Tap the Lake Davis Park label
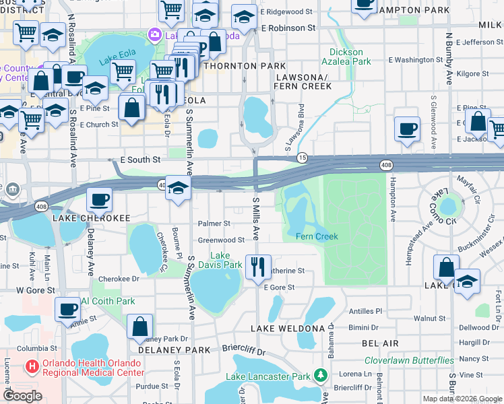pos(226,260)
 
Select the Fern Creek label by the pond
pos(317,236)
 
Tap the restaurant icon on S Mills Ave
pos(257,267)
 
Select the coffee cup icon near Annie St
pos(67,309)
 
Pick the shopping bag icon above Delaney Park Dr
pos(139,326)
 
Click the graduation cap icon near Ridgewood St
pos(244,17)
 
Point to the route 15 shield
pos(303,156)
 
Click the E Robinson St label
pos(288,28)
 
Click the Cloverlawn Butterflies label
pos(409,360)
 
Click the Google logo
pos(22,396)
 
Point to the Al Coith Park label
pos(108,301)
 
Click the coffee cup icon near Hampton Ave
pos(407,128)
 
